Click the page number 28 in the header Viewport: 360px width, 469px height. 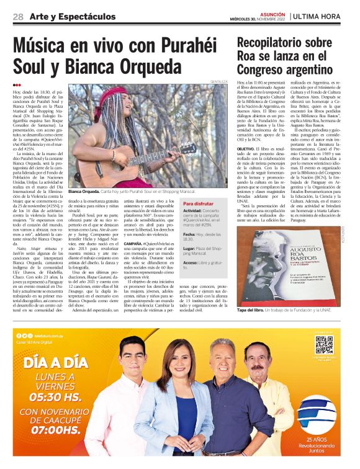(x=18, y=16)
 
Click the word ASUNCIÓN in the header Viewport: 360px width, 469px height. (x=272, y=12)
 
